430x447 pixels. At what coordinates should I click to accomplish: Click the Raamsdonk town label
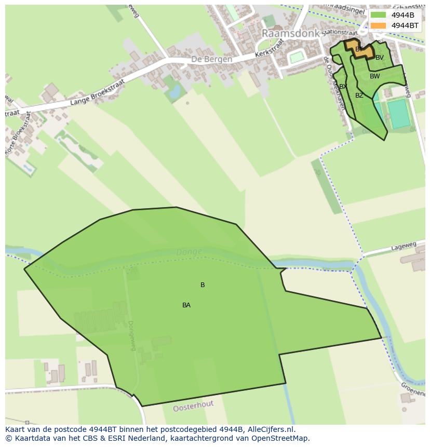tap(290, 33)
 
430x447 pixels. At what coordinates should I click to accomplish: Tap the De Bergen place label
tap(211, 60)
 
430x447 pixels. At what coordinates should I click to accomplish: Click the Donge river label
tap(189, 252)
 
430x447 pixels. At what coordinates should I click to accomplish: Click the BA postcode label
tap(186, 305)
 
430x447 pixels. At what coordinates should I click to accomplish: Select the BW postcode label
tap(374, 76)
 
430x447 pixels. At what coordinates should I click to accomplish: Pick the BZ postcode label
tap(359, 96)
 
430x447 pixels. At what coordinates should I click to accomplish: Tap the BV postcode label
tap(380, 58)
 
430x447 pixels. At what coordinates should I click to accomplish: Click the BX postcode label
tap(343, 87)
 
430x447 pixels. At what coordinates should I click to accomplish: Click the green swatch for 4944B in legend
tap(378, 15)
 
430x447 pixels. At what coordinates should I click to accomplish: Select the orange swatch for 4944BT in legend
tap(378, 25)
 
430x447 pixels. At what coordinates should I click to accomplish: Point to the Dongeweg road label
tap(131, 335)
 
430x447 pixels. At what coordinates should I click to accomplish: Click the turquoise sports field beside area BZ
tap(399, 114)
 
